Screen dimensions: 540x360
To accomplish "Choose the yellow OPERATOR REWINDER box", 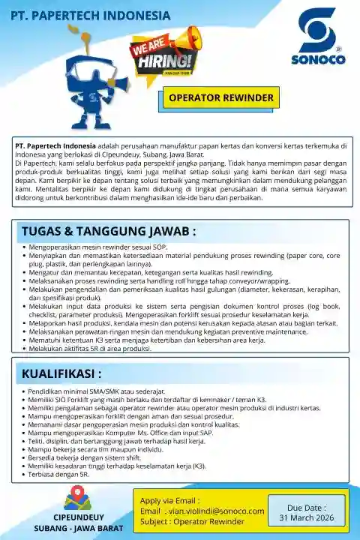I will tap(221, 98).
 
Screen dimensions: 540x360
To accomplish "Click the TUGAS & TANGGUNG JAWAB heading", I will tap(109, 230).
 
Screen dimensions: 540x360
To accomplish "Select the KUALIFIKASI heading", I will tap(61, 373).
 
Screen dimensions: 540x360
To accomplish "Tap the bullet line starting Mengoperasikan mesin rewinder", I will tap(98, 247).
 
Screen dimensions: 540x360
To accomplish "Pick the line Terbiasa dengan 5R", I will tap(59, 475).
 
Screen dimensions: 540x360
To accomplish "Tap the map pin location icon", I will tap(77, 498).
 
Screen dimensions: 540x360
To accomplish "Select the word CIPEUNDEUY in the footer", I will tap(78, 517).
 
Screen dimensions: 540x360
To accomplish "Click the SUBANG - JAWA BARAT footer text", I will tap(78, 529).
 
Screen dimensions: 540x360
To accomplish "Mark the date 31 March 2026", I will tap(307, 517).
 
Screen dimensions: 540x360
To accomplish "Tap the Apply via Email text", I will tap(170, 500).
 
